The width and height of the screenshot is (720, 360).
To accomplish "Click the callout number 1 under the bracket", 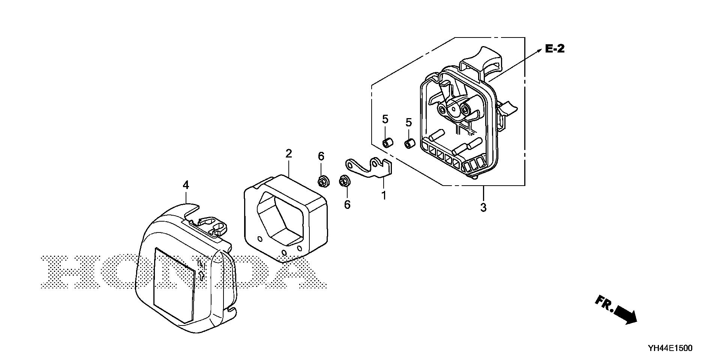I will (x=384, y=195).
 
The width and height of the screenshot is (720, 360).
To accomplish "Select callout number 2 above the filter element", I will (x=288, y=153).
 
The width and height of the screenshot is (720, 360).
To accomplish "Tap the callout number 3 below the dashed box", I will (x=483, y=207).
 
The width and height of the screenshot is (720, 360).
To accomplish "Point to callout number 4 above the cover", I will (x=186, y=185).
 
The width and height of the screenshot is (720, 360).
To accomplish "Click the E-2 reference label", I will (x=555, y=49).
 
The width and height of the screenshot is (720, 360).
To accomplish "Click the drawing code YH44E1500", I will (x=669, y=348).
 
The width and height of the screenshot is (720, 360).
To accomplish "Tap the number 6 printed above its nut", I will (x=321, y=156).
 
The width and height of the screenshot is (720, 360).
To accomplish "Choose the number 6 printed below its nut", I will (x=347, y=205).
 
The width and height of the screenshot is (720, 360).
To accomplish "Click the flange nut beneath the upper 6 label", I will (x=322, y=182).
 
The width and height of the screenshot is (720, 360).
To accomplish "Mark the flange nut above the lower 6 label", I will (x=343, y=181).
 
